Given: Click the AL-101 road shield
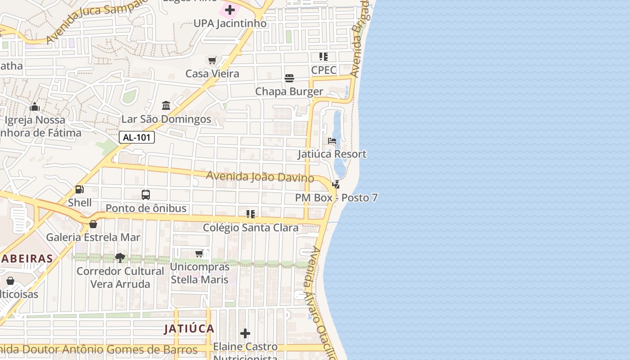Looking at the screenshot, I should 137,137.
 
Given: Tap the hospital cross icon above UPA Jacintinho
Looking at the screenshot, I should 230,10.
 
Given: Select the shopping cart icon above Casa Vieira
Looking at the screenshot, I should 212,60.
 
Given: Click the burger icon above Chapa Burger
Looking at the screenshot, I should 289,78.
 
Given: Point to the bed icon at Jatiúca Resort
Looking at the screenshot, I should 332,141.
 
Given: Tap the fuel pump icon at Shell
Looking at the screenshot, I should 80,189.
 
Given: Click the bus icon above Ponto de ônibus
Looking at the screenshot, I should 146,195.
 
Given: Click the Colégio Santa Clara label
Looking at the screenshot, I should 251,228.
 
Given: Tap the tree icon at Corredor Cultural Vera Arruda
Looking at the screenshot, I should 120,258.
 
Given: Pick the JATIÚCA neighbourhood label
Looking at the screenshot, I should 189,328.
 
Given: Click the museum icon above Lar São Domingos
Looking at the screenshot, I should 166,106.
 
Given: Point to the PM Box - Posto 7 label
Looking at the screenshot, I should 336,198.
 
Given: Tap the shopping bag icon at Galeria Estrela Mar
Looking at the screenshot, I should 93,224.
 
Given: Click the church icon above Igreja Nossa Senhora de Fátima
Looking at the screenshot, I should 35,107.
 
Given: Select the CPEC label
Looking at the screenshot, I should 324,70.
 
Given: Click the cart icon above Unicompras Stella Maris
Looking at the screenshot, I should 199,254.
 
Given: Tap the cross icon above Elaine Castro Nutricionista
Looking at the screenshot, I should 245,333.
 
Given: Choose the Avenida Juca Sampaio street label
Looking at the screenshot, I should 94,22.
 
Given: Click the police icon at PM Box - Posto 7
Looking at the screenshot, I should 336,184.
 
